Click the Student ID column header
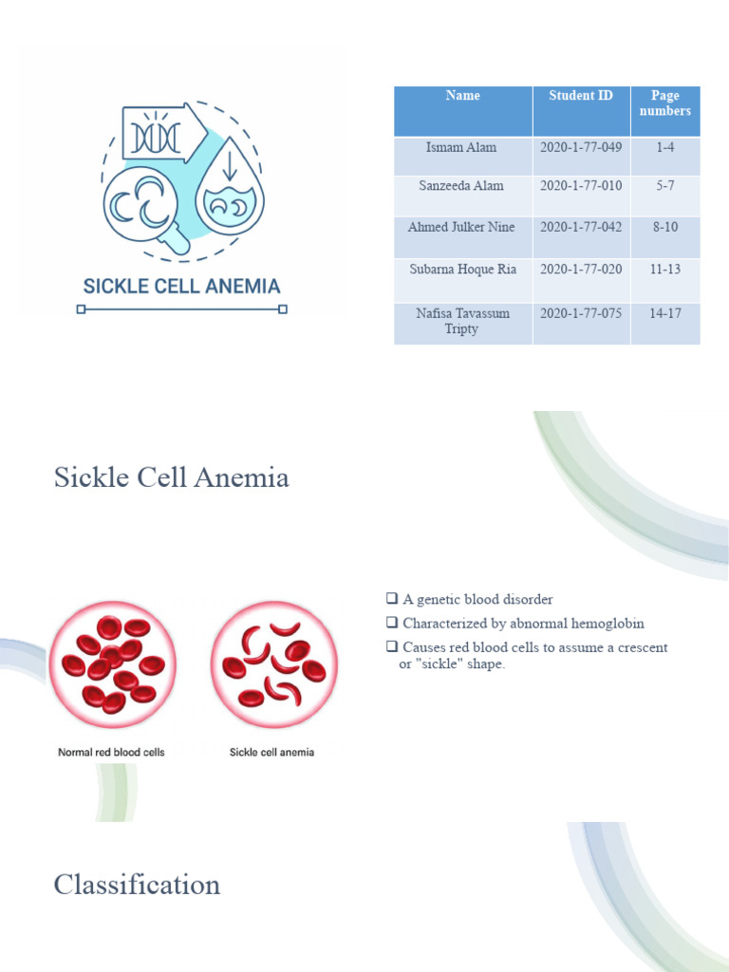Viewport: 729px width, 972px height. (581, 96)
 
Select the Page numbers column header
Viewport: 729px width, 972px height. (665, 103)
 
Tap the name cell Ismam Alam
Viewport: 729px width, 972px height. (462, 148)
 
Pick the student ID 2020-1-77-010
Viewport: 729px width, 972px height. (581, 186)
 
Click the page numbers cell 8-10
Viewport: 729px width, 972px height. (664, 228)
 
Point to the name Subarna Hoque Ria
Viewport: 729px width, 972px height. (462, 270)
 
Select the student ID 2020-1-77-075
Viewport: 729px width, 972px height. (581, 313)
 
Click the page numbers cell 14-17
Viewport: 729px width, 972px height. (664, 313)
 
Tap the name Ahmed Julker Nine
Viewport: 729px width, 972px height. (462, 228)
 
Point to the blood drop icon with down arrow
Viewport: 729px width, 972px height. (229, 195)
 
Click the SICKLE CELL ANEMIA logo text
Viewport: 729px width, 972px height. (182, 286)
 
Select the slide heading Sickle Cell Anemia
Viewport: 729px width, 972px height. (172, 477)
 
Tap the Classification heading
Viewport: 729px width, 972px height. (138, 885)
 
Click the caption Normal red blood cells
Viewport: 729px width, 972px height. (111, 753)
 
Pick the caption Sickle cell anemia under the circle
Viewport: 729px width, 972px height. (271, 753)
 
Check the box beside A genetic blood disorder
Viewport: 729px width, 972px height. (391, 599)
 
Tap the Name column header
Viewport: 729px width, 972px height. (462, 96)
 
